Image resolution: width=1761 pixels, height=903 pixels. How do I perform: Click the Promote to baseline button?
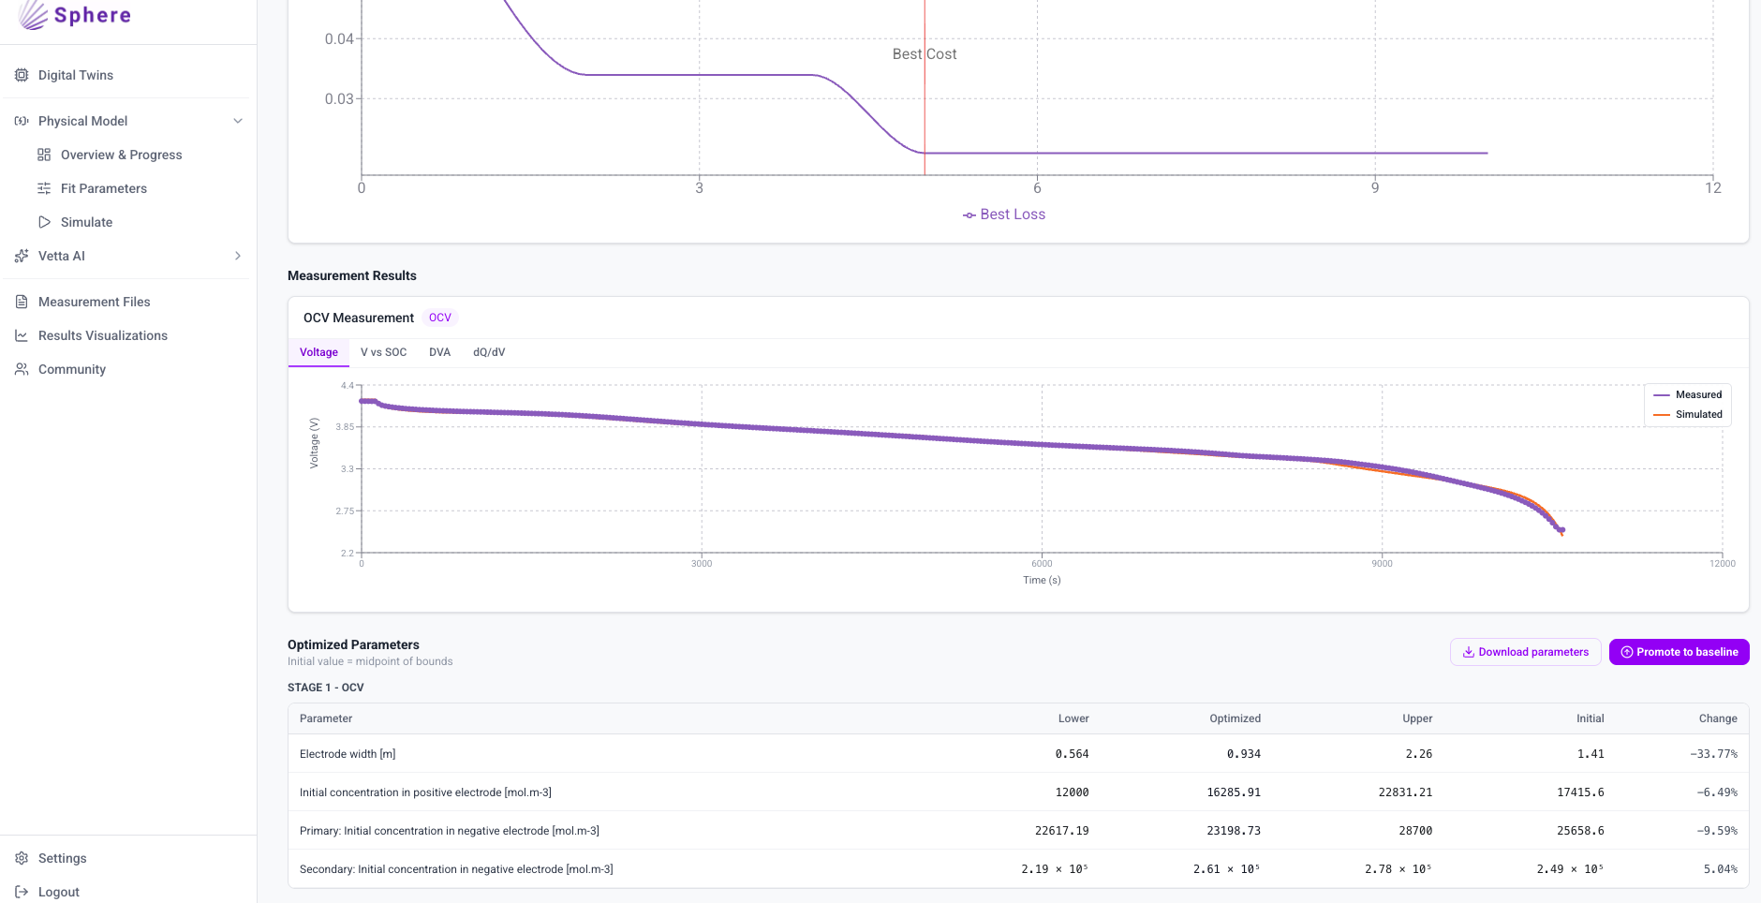coord(1679,652)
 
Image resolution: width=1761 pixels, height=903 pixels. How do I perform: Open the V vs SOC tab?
coord(383,352)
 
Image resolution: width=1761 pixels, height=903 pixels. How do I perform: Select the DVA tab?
coord(439,352)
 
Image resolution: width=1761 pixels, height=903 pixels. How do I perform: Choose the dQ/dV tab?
coord(489,352)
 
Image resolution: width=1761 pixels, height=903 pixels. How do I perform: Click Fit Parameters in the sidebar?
coord(103,188)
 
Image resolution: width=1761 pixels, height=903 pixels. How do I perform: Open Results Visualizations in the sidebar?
coord(103,335)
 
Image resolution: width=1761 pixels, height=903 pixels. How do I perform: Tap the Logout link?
coord(58,892)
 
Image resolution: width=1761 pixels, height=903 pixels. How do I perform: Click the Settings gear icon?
coord(22,858)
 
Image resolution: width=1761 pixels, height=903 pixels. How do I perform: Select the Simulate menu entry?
coord(86,222)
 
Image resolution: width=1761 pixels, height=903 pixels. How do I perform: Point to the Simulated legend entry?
coord(1688,414)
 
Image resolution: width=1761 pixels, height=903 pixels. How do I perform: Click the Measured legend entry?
coord(1688,394)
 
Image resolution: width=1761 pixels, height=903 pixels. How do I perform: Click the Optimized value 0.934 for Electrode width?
coord(1244,754)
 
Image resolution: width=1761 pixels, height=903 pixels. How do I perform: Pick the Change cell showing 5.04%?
coord(1721,869)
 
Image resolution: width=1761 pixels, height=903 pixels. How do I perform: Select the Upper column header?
coord(1417,718)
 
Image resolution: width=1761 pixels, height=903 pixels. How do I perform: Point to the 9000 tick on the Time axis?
coord(1382,564)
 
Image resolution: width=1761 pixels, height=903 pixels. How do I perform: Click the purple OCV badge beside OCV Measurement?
coord(440,318)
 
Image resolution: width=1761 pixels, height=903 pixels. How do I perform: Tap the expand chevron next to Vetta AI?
coord(238,256)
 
